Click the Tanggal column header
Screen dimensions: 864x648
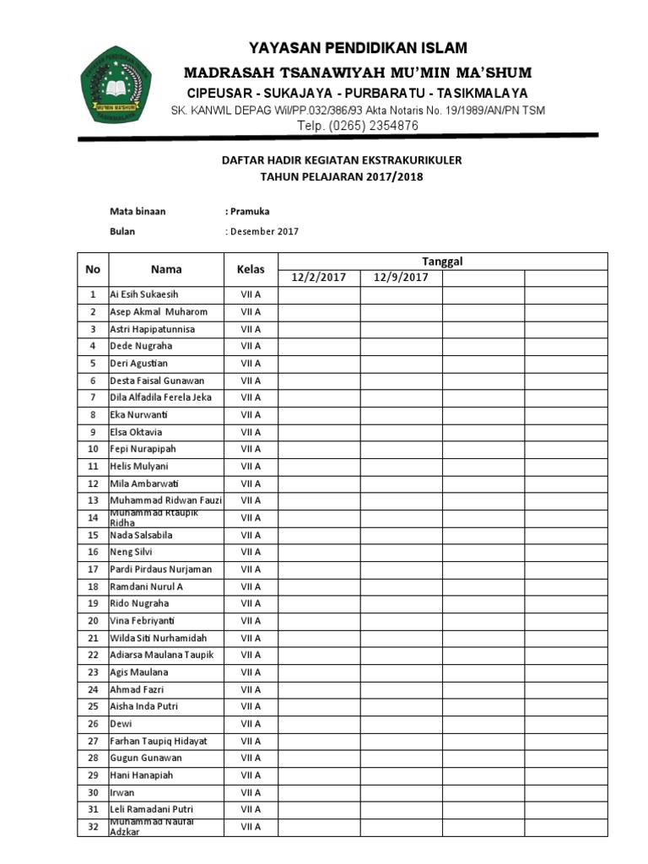pos(442,261)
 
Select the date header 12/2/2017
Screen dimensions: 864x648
pos(319,278)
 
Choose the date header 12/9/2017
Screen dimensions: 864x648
pos(401,278)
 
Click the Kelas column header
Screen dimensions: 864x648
pos(251,269)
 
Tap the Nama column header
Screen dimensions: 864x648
pos(166,269)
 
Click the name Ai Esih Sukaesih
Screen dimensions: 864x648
pos(144,294)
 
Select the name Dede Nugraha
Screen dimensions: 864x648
pos(141,346)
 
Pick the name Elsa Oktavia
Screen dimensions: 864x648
pos(137,432)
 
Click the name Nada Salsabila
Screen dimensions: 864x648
pos(142,535)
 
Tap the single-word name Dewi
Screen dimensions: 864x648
pos(121,723)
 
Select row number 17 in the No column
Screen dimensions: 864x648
pos(93,570)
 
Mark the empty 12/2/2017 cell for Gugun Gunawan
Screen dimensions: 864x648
pos(319,758)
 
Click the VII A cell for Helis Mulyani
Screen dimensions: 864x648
pos(251,466)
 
